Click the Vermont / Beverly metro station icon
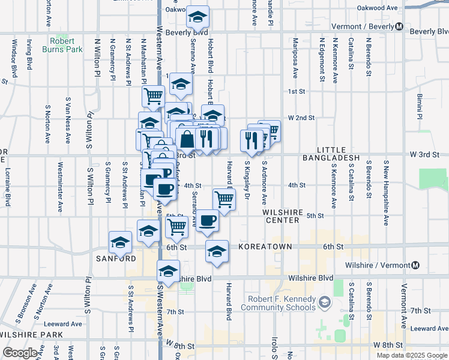click(399, 26)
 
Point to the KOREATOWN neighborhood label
click(265, 247)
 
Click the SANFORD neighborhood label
click(116, 259)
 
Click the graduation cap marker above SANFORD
click(120, 242)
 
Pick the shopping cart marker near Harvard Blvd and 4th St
click(224, 199)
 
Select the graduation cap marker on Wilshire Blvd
click(169, 271)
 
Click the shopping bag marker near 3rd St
click(187, 139)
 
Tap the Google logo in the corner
click(20, 353)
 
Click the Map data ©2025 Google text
click(411, 355)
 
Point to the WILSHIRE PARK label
click(24, 334)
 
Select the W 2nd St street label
click(301, 118)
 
